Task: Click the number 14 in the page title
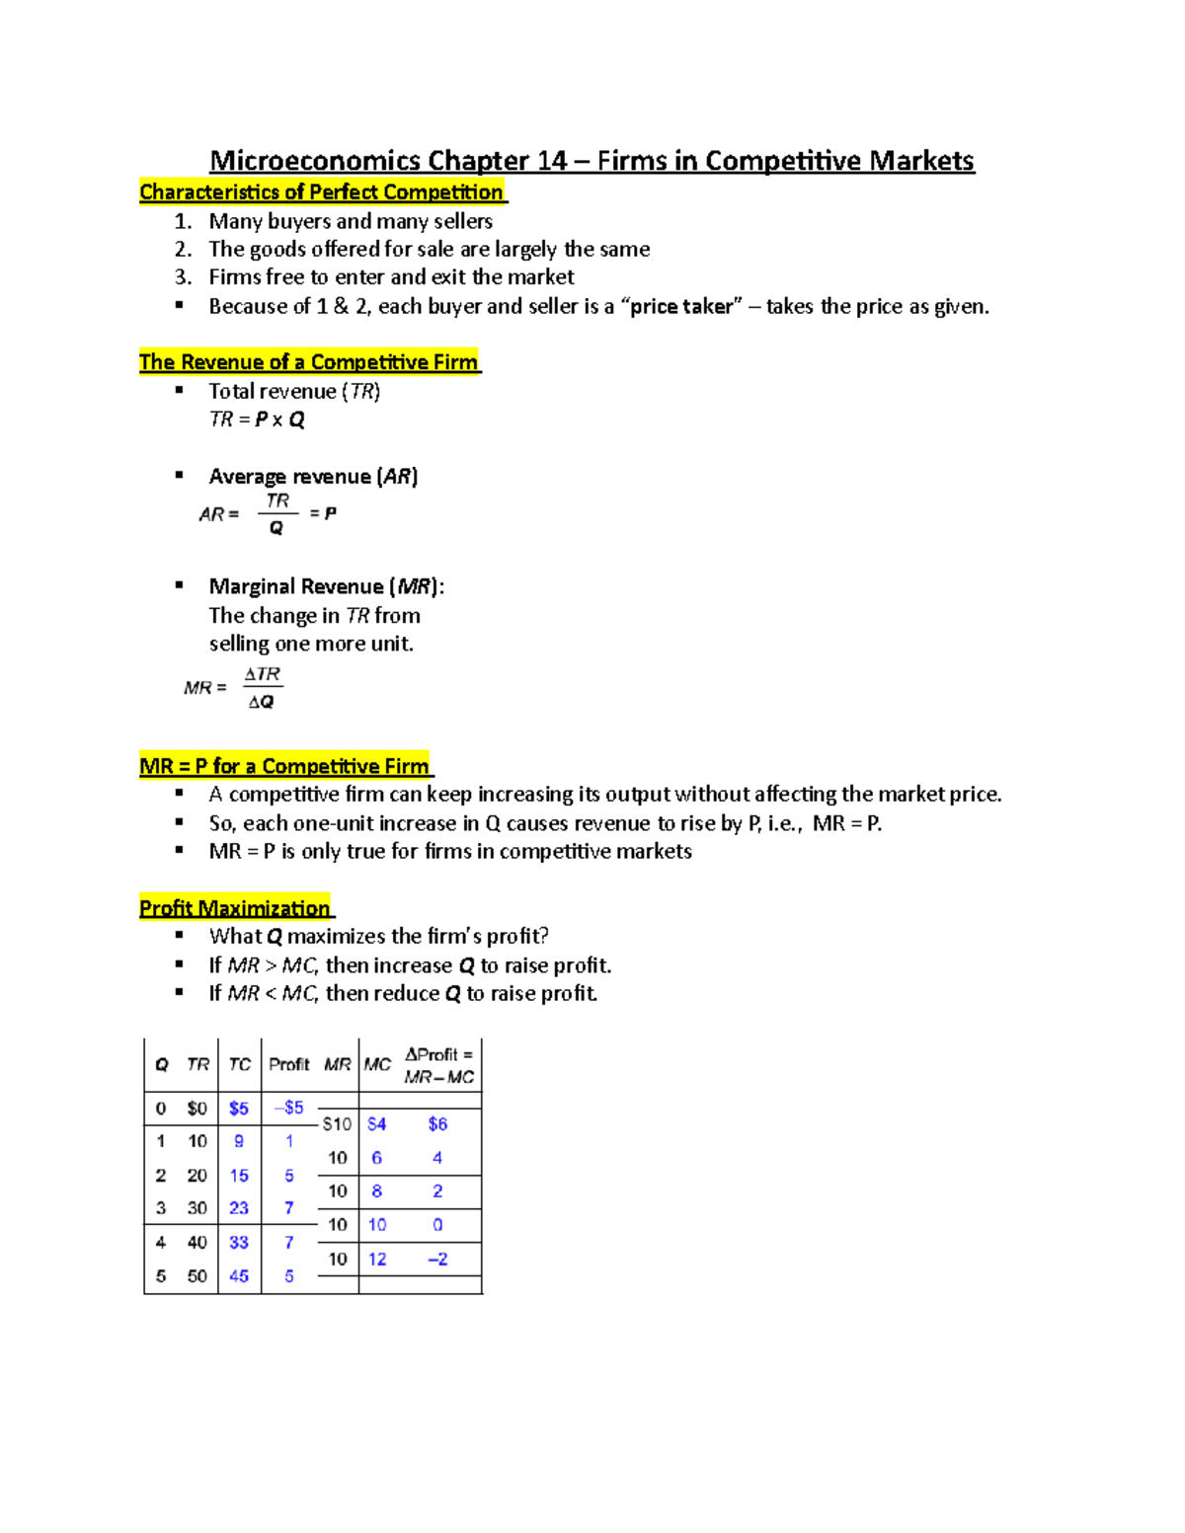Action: [x=552, y=161]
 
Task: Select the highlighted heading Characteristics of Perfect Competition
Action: [x=322, y=192]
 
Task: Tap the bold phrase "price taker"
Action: [x=681, y=306]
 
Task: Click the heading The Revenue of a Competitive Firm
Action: [x=309, y=362]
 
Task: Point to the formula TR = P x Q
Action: [x=257, y=420]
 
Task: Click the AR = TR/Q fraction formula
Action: [x=268, y=514]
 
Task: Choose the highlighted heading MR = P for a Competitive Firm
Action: [x=285, y=766]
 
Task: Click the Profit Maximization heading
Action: [x=236, y=908]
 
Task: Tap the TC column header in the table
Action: [x=239, y=1064]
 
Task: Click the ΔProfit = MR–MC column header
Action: [x=438, y=1065]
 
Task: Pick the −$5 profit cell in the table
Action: [x=288, y=1108]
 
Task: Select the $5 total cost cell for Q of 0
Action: [x=239, y=1109]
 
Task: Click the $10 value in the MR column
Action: [x=337, y=1124]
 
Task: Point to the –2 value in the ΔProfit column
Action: [x=437, y=1259]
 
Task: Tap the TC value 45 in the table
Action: [x=239, y=1275]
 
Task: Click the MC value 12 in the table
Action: [x=377, y=1259]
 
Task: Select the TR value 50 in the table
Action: [x=197, y=1275]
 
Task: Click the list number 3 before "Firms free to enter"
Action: [x=183, y=277]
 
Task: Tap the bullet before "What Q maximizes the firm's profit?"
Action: [x=180, y=935]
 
